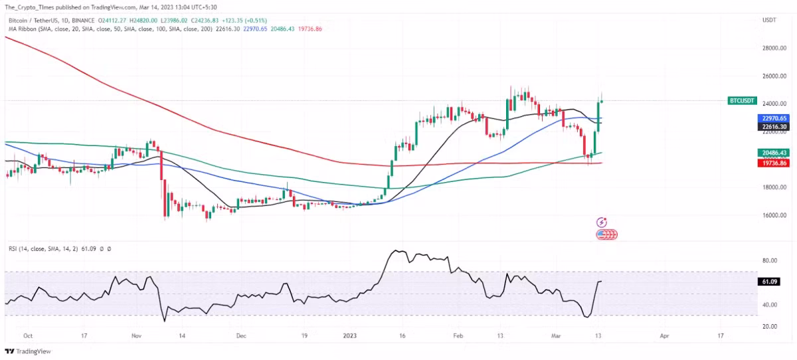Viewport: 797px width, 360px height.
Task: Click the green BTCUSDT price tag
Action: [x=742, y=101]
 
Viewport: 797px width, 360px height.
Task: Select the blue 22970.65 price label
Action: [x=774, y=118]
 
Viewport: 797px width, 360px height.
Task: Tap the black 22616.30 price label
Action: [x=774, y=126]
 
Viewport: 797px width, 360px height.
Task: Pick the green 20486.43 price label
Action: [x=774, y=153]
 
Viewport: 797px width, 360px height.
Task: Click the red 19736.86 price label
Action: [x=774, y=162]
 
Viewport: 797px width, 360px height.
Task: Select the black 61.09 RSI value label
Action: [x=770, y=282]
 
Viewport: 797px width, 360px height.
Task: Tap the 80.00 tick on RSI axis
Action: [x=770, y=261]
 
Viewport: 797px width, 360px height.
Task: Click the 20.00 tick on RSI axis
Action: [x=770, y=326]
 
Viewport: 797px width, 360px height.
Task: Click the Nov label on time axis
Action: [x=136, y=336]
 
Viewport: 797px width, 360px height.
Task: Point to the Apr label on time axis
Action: [x=665, y=336]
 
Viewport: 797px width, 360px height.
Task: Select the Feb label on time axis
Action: [x=458, y=336]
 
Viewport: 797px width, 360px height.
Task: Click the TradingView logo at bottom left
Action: [x=28, y=351]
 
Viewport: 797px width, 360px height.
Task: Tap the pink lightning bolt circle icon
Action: [x=602, y=223]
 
